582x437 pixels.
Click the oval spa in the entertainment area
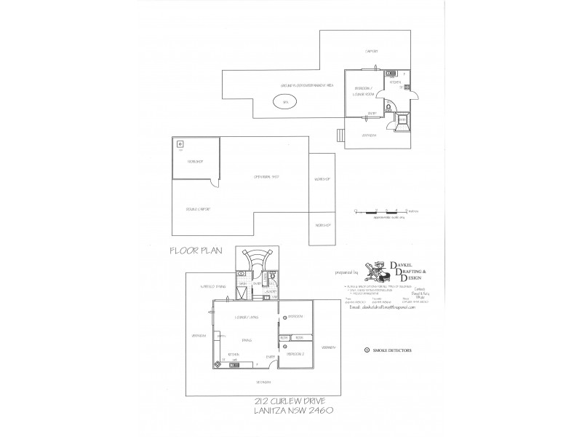click(x=284, y=103)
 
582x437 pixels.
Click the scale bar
click(x=382, y=211)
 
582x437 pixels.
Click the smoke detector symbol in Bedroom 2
click(x=284, y=347)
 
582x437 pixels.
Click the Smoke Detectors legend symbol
click(x=367, y=350)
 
